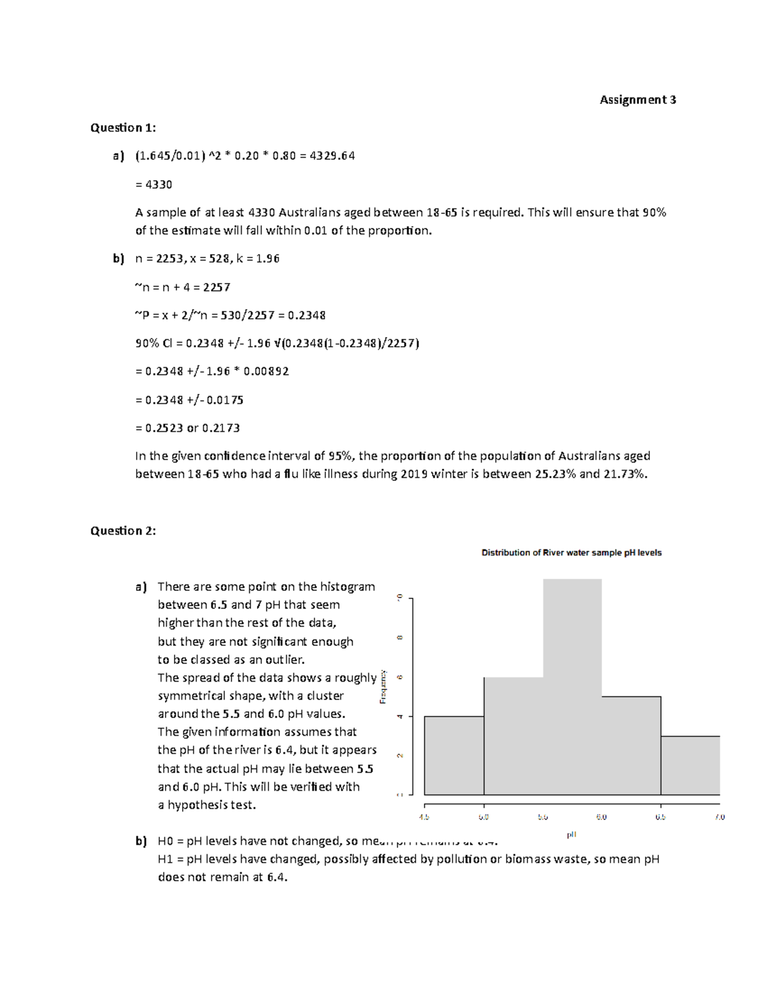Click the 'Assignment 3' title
[x=637, y=100]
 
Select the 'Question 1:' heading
[x=123, y=128]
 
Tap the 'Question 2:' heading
[x=123, y=531]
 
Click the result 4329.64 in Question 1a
[x=332, y=156]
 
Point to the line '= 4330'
[x=154, y=185]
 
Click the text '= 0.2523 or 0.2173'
[x=188, y=428]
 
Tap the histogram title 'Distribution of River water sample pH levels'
[x=571, y=553]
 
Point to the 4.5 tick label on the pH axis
[x=424, y=817]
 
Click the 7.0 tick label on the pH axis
[x=720, y=817]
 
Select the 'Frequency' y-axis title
[x=383, y=687]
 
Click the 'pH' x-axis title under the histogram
[x=571, y=834]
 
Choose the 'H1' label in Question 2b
[x=166, y=859]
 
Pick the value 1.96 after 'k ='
[x=267, y=259]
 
